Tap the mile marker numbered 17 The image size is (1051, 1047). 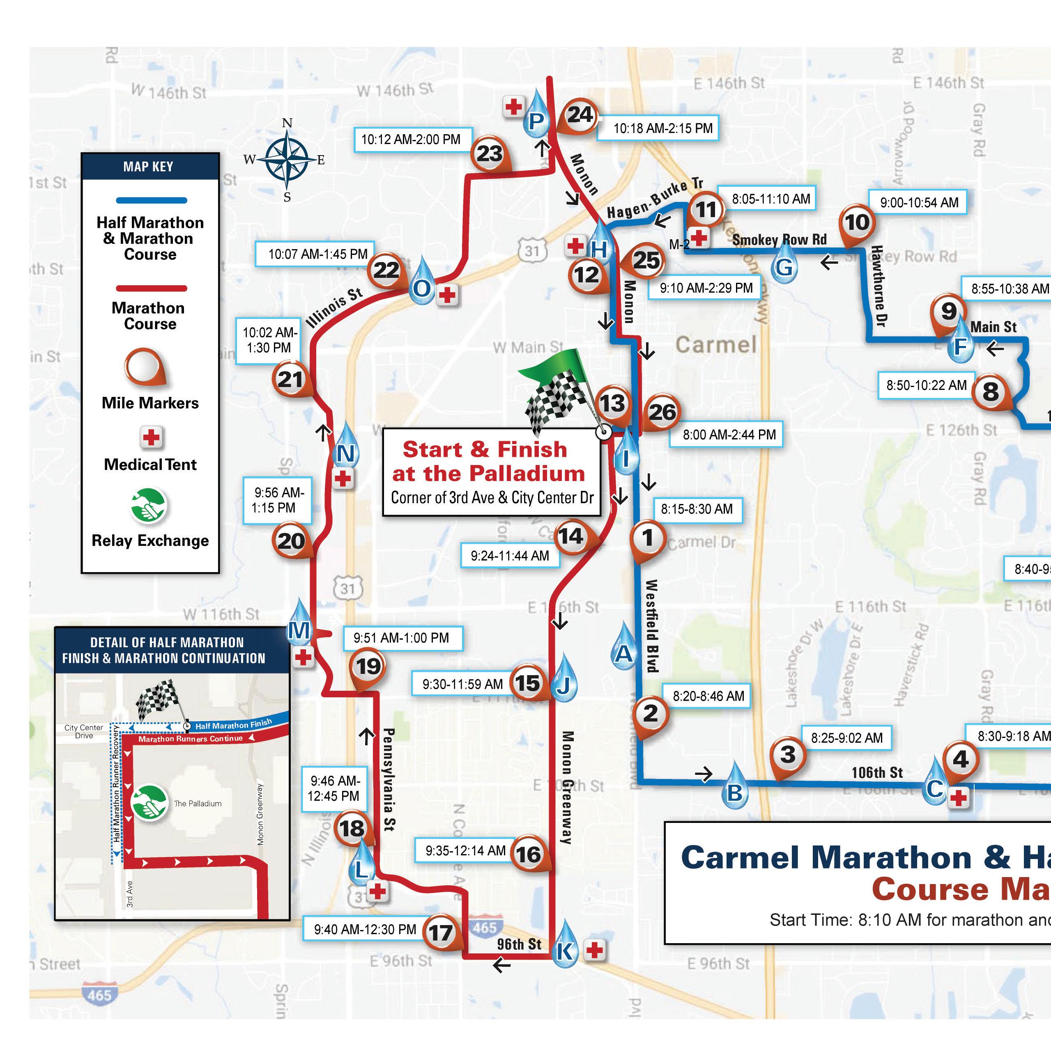coord(441,933)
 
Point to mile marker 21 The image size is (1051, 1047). coord(290,379)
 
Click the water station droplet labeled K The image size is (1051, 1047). coord(564,950)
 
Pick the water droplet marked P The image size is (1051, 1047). coord(536,119)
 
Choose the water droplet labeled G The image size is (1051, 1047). coord(784,266)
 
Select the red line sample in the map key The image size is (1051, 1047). coord(151,288)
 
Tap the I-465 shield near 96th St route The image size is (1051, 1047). coord(484,928)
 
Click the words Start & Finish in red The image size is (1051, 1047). coord(484,449)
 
